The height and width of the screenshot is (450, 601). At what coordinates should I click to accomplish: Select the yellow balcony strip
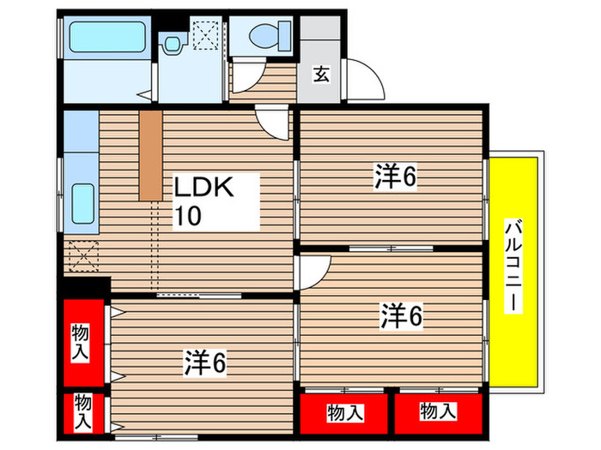(x=515, y=266)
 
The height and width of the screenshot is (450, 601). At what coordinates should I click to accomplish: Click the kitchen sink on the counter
(x=82, y=206)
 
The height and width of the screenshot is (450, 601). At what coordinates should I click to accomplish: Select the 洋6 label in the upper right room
(x=395, y=177)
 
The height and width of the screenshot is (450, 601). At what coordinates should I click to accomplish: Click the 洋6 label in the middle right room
(x=401, y=316)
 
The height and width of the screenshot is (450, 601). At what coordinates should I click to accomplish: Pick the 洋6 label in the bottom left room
(x=204, y=364)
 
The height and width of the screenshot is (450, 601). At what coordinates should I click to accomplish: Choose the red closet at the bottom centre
(x=343, y=412)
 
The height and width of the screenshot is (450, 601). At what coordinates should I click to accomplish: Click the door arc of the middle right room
(x=309, y=273)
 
